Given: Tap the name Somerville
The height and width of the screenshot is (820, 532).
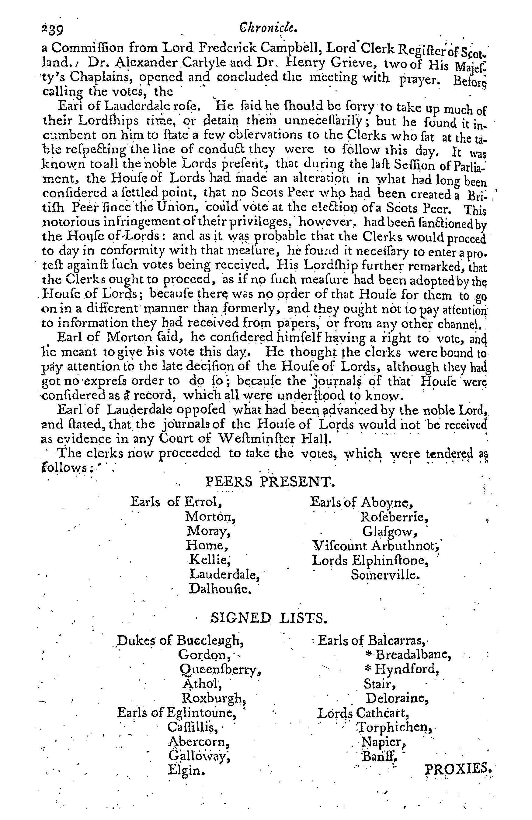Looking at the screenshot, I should click(x=385, y=575).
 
